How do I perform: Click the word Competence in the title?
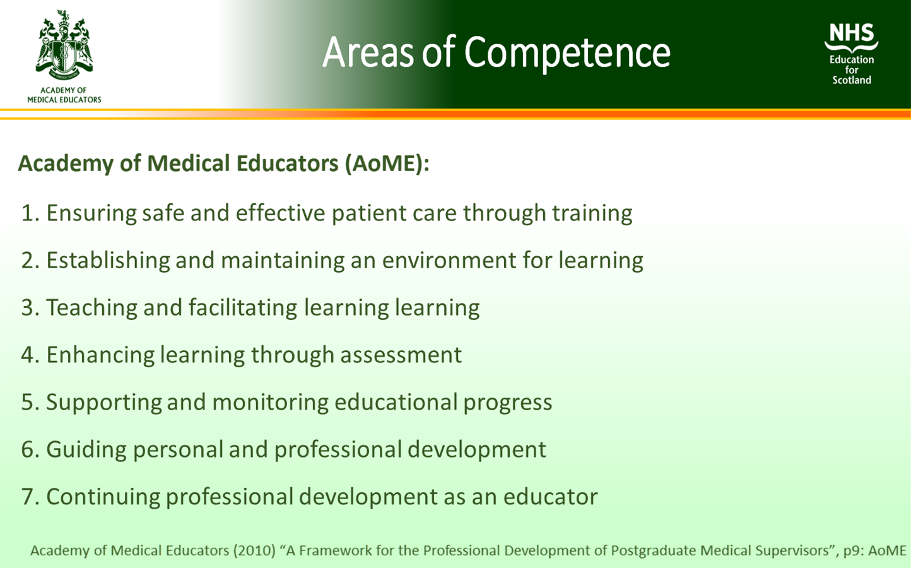[567, 52]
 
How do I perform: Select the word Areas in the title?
[368, 52]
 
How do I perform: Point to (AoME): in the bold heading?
[387, 163]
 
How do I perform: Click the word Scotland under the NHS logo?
[851, 80]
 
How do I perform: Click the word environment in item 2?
[449, 261]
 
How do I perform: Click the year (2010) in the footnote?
[254, 550]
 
